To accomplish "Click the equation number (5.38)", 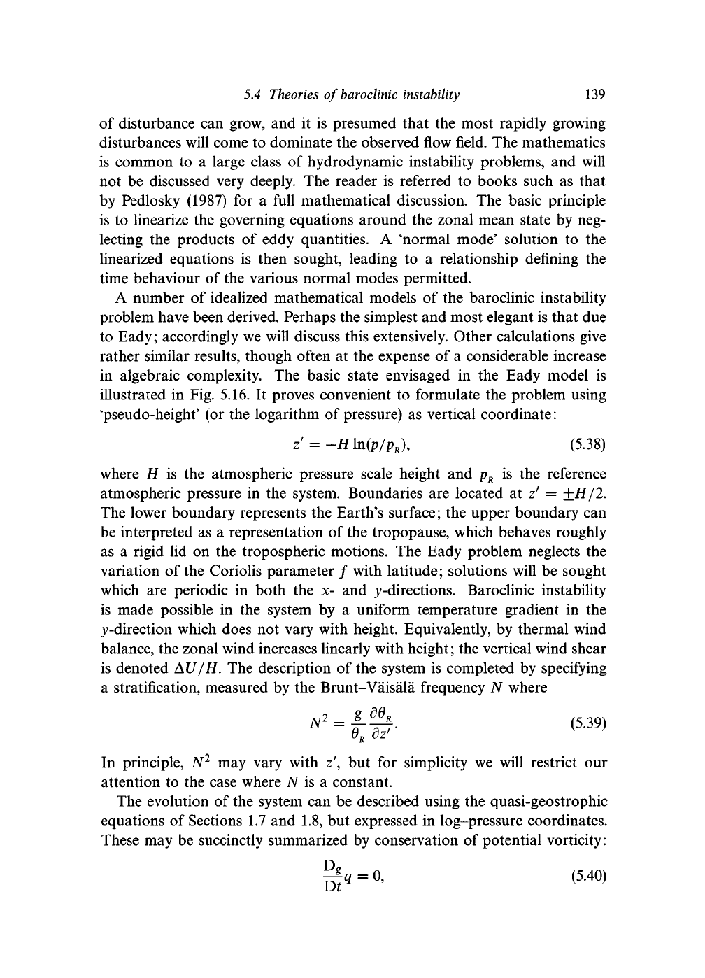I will [583, 444].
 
